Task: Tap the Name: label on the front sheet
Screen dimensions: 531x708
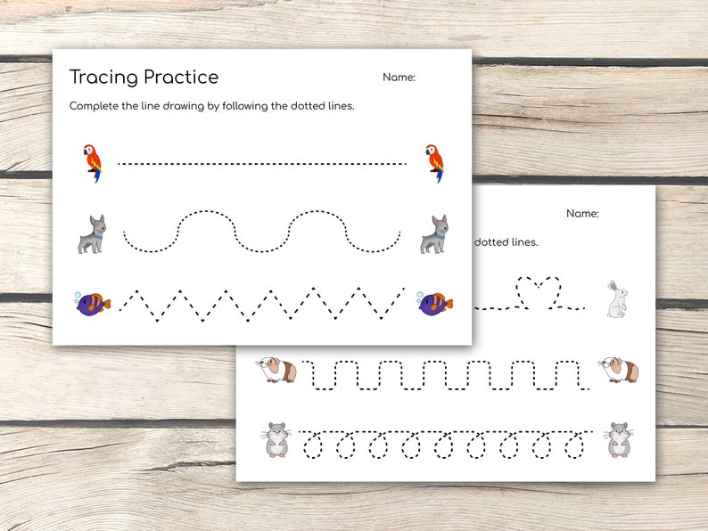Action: (x=399, y=78)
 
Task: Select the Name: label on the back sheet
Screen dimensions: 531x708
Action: (x=582, y=214)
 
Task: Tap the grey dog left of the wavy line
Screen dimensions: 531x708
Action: (x=92, y=234)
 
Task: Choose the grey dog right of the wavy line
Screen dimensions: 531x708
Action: (x=434, y=234)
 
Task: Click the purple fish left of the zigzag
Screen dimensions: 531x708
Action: (x=94, y=304)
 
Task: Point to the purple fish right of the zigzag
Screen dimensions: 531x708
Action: (x=434, y=304)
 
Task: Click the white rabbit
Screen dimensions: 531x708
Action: (x=617, y=298)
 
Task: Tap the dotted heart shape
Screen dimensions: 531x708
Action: (x=539, y=292)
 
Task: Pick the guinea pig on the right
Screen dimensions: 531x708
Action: (x=618, y=370)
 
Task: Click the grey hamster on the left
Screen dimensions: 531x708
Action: (x=276, y=439)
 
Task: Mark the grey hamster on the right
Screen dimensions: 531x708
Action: (x=618, y=439)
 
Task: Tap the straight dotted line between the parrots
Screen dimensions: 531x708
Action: (x=262, y=164)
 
